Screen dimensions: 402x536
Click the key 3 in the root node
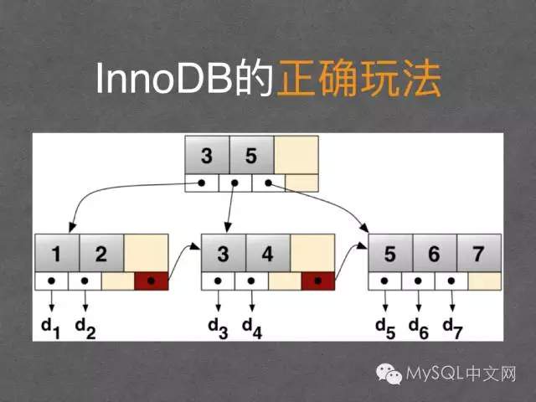pos(207,156)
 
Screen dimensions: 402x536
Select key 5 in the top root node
pos(252,156)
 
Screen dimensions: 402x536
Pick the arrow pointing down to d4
pos(251,299)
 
